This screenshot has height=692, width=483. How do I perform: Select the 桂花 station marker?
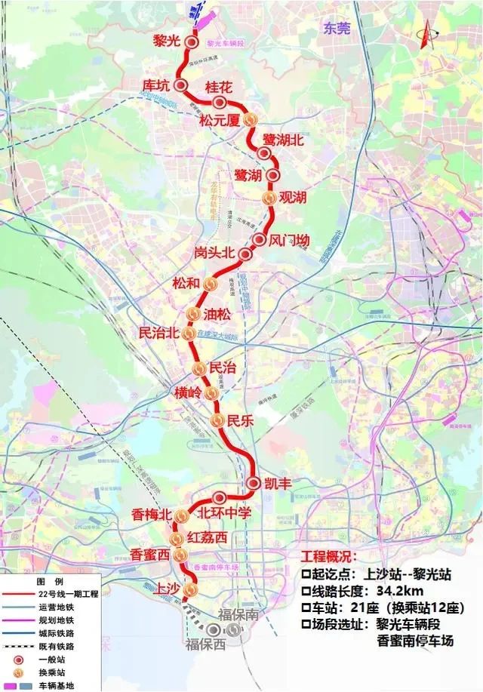(x=220, y=103)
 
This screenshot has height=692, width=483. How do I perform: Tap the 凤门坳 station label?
(x=291, y=241)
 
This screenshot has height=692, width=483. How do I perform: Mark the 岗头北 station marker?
(x=245, y=254)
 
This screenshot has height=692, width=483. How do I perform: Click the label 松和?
(x=186, y=284)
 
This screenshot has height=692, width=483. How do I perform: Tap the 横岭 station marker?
(x=211, y=394)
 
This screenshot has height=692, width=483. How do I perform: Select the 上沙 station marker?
(x=189, y=589)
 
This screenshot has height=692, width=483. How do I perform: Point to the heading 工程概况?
(x=327, y=557)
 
